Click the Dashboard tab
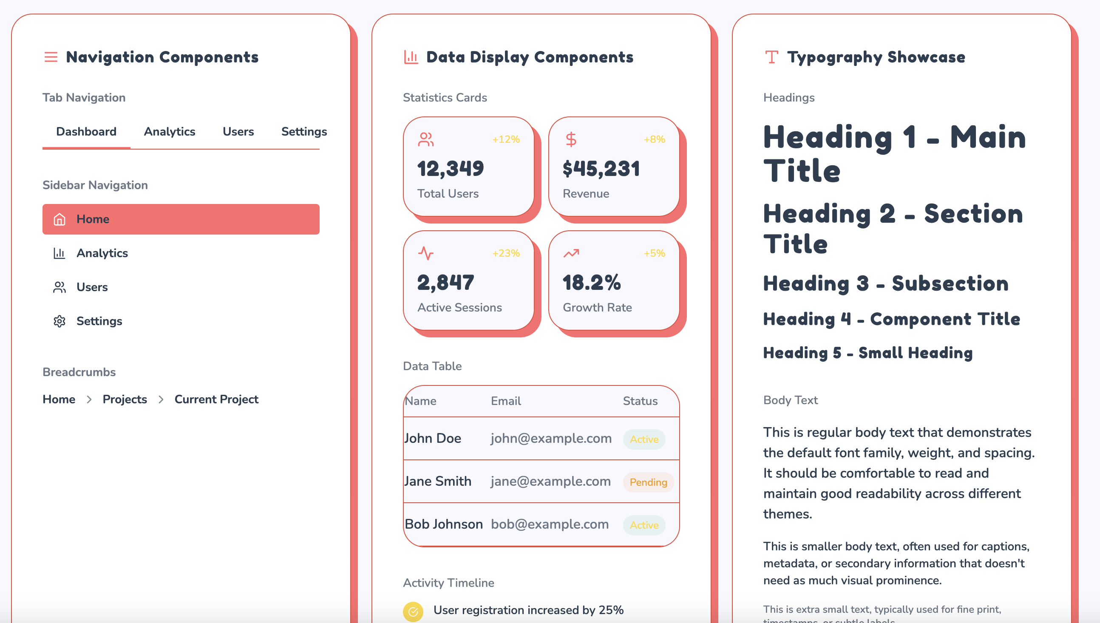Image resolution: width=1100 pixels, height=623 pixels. (x=86, y=132)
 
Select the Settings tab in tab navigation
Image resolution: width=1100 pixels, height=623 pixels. (x=304, y=132)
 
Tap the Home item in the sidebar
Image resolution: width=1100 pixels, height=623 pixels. (x=181, y=219)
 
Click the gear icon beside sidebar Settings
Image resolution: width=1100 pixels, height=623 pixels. (x=60, y=321)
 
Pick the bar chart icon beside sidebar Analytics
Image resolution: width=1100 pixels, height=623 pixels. (x=60, y=253)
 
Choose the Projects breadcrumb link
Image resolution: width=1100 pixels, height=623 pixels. (x=125, y=399)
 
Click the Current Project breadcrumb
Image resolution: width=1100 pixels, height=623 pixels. (x=216, y=399)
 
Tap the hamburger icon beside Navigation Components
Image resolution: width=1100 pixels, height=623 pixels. (x=51, y=57)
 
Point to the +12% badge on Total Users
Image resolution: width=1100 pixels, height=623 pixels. (x=506, y=139)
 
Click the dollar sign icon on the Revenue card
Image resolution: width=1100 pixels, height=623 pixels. (x=571, y=139)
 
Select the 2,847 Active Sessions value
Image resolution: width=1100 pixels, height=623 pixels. (x=445, y=283)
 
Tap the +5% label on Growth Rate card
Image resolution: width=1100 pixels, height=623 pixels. (x=654, y=253)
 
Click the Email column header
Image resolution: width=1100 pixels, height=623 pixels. (x=506, y=401)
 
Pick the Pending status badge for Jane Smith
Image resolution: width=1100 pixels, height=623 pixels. (x=648, y=482)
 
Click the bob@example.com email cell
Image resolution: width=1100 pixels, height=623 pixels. (x=549, y=524)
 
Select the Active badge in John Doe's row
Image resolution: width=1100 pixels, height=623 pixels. (x=644, y=439)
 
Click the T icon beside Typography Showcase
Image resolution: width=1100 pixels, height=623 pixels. (x=771, y=57)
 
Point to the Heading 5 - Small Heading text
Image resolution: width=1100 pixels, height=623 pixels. (x=868, y=353)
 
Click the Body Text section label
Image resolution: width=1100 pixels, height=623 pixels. (x=790, y=400)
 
